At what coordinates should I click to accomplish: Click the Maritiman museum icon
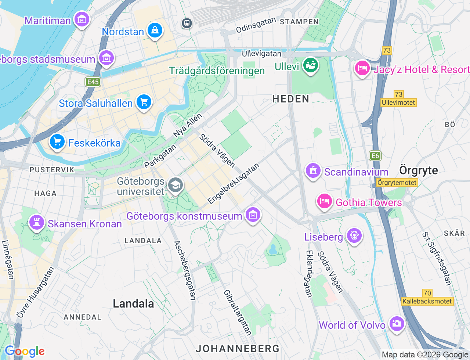[82, 19]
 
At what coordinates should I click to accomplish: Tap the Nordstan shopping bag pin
[155, 30]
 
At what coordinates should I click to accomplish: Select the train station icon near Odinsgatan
[187, 23]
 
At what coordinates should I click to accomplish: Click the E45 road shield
[93, 82]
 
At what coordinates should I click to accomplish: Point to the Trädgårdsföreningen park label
[217, 71]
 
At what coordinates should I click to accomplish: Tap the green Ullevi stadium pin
[310, 65]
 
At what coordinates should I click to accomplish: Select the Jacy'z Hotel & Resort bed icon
[362, 68]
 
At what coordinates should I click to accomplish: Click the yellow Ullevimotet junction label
[398, 102]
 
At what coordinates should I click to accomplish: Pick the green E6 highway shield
[375, 156]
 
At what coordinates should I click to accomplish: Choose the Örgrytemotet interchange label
[397, 183]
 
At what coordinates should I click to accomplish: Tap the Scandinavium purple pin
[313, 171]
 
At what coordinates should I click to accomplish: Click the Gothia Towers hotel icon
[324, 201]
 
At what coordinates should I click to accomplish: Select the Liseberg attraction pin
[354, 235]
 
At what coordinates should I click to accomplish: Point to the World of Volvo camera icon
[397, 324]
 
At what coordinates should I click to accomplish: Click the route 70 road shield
[427, 293]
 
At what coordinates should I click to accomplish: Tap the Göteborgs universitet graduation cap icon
[175, 186]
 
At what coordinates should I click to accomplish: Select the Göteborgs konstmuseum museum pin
[253, 215]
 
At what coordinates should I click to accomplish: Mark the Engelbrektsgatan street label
[234, 183]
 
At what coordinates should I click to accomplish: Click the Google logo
[25, 351]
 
